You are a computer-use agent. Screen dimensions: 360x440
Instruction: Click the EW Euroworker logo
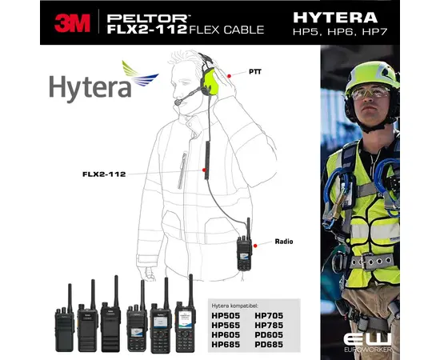point(369,340)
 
